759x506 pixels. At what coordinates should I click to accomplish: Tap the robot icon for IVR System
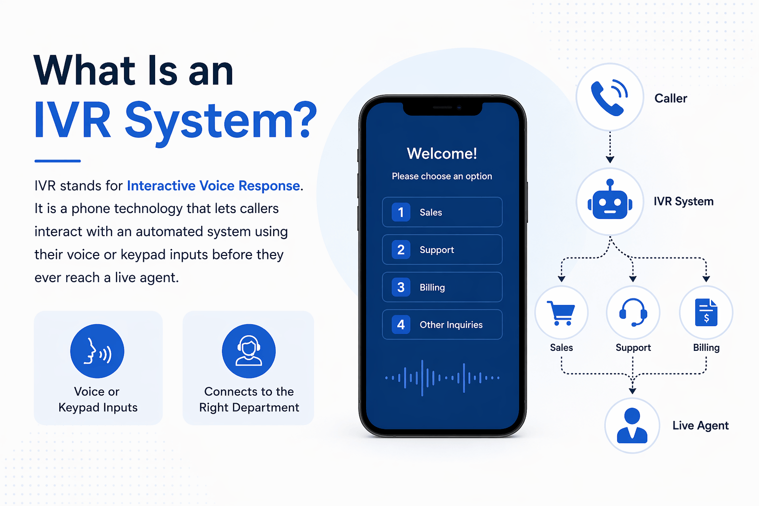pyautogui.click(x=610, y=201)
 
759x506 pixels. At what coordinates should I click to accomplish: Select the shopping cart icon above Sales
pyautogui.click(x=561, y=313)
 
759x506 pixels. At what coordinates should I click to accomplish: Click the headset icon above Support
pyautogui.click(x=633, y=313)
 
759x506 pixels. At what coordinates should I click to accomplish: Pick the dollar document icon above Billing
pyautogui.click(x=706, y=313)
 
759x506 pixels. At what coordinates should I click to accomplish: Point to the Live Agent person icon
pyautogui.click(x=632, y=425)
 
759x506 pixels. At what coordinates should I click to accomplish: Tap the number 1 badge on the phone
pyautogui.click(x=401, y=212)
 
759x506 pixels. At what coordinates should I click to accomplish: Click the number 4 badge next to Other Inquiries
pyautogui.click(x=401, y=325)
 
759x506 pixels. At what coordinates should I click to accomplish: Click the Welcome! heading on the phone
pyautogui.click(x=442, y=154)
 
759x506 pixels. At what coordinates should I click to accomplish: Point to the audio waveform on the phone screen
pyautogui.click(x=442, y=378)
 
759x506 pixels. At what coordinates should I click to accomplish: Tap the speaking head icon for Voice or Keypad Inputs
pyautogui.click(x=97, y=351)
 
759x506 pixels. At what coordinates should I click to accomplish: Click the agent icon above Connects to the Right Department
pyautogui.click(x=249, y=351)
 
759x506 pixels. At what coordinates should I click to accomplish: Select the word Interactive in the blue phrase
pyautogui.click(x=161, y=186)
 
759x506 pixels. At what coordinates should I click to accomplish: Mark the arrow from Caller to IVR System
pyautogui.click(x=610, y=147)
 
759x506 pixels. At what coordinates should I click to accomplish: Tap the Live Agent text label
pyautogui.click(x=700, y=425)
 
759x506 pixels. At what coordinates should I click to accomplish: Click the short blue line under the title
pyautogui.click(x=57, y=161)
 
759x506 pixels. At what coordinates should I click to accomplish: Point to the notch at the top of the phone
pyautogui.click(x=442, y=108)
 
